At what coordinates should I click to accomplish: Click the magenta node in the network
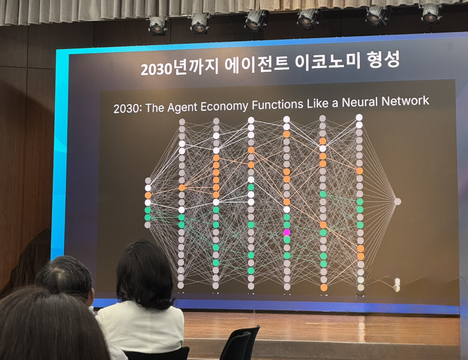pos(287,232)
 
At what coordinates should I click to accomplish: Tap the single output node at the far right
pos(397,201)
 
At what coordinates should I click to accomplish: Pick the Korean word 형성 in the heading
pos(384,59)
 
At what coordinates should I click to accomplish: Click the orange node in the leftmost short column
pos(148,195)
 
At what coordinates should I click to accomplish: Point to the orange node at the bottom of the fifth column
pos(324,287)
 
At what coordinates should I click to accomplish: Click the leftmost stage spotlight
pos(158,25)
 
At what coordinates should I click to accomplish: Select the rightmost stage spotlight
pos(431,13)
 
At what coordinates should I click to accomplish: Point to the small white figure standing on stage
pos(397,284)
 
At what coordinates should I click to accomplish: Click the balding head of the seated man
pos(64,275)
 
